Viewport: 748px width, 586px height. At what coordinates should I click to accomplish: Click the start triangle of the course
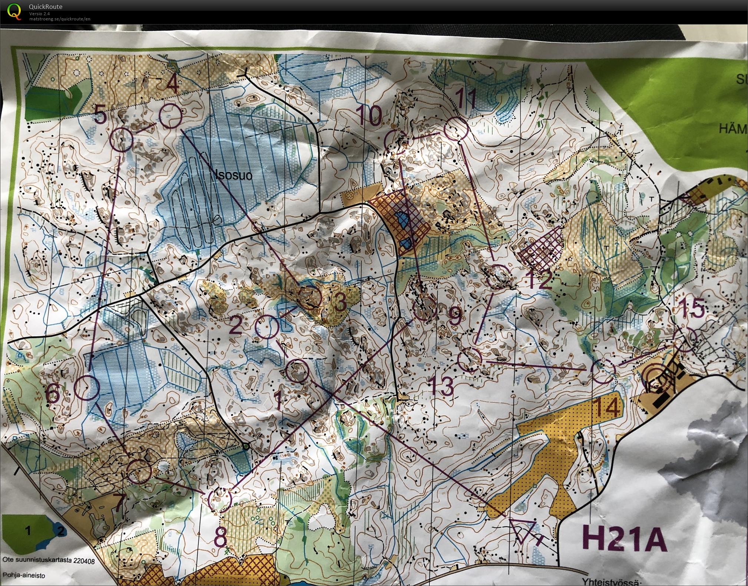522,531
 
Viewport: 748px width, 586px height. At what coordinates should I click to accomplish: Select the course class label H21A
624,538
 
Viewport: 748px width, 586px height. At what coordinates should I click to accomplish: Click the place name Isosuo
234,175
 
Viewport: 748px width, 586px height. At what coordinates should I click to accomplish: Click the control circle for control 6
87,388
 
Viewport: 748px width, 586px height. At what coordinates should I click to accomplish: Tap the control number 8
221,537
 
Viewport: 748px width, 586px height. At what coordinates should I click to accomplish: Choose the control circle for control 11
456,129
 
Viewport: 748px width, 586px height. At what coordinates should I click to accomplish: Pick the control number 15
691,308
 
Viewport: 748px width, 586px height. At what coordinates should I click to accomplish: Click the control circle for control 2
267,327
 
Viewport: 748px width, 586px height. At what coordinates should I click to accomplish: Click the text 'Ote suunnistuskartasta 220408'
49,560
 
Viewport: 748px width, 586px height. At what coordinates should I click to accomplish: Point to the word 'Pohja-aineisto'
24,575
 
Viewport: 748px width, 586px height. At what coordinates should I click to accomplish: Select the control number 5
100,114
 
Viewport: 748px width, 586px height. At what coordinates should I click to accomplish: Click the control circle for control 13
470,360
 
